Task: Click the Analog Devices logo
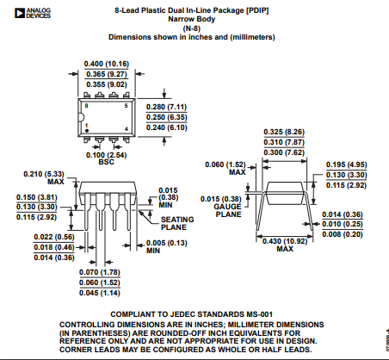(x=33, y=13)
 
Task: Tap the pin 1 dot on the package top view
(x=87, y=131)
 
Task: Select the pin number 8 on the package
(x=86, y=106)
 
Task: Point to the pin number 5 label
(x=126, y=106)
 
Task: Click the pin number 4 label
(x=126, y=129)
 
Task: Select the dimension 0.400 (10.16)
(x=107, y=64)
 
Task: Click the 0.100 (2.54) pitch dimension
(x=106, y=155)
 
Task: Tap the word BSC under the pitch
(x=106, y=162)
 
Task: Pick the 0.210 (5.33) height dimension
(x=44, y=174)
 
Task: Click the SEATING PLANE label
(x=177, y=223)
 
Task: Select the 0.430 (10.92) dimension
(x=285, y=241)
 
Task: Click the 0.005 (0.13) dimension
(x=167, y=243)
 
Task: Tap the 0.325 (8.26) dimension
(x=284, y=132)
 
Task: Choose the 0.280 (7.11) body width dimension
(x=167, y=107)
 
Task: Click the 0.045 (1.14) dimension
(x=100, y=293)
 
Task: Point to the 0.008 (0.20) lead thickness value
(x=343, y=234)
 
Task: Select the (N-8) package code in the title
(x=192, y=28)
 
